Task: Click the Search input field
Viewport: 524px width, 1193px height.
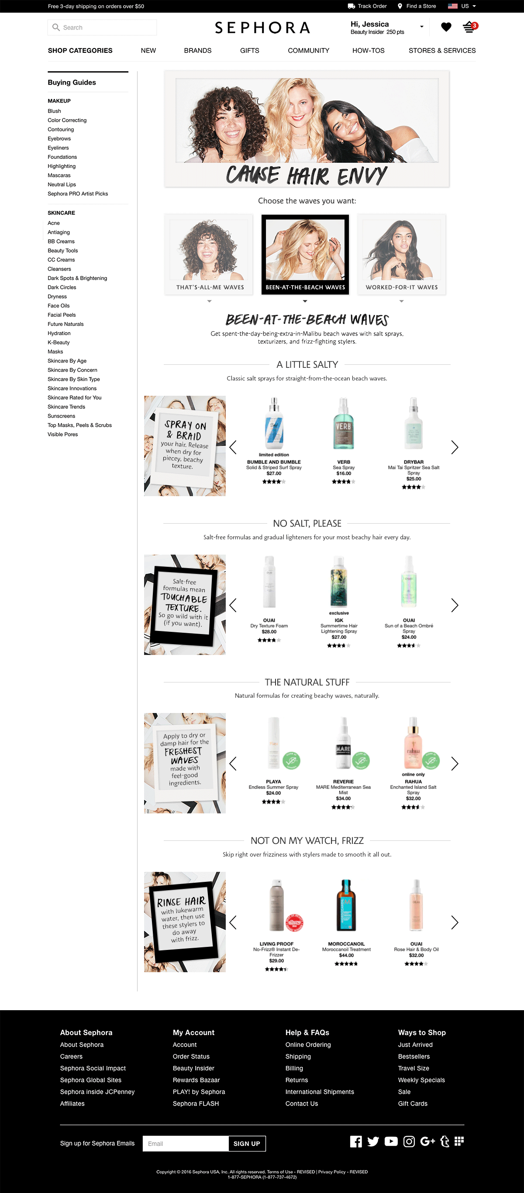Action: [x=102, y=27]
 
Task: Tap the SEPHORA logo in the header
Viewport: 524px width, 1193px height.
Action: [x=262, y=28]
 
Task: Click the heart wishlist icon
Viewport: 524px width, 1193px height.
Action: [x=446, y=27]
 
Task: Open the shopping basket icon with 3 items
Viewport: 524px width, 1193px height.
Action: [x=470, y=27]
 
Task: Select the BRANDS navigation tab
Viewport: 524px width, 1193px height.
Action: [x=198, y=51]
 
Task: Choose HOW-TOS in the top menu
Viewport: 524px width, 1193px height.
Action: [x=369, y=51]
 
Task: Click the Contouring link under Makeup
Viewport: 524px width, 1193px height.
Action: [x=61, y=130]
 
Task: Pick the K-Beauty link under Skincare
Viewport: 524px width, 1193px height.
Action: [x=59, y=343]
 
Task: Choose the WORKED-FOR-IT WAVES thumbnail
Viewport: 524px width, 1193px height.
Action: [x=401, y=254]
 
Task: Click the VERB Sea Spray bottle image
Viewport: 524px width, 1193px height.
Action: [x=343, y=423]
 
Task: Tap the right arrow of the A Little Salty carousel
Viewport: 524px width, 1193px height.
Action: [x=455, y=447]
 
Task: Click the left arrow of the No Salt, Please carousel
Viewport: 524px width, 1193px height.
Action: [x=233, y=605]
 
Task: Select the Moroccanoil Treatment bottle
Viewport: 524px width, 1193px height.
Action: [x=346, y=905]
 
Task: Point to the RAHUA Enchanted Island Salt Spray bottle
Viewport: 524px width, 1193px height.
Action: [x=413, y=743]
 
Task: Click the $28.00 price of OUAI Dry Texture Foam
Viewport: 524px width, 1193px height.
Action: [x=269, y=632]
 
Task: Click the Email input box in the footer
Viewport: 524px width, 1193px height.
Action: [x=186, y=1143]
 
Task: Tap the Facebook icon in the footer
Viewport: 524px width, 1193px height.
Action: [x=356, y=1142]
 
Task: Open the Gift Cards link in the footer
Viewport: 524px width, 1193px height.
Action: [x=413, y=1104]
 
